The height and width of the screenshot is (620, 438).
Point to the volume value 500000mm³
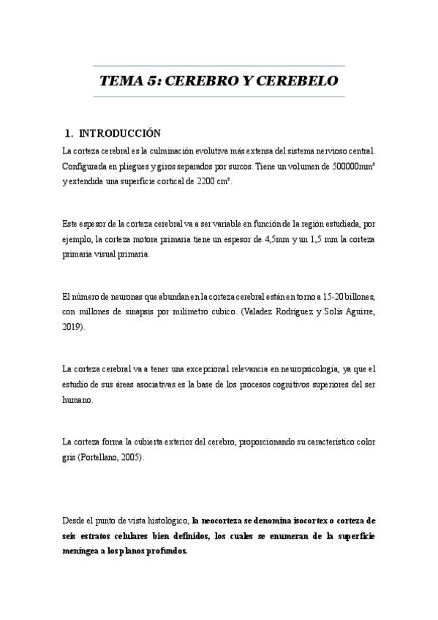point(348,166)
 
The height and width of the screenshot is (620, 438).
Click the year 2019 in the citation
point(73,328)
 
